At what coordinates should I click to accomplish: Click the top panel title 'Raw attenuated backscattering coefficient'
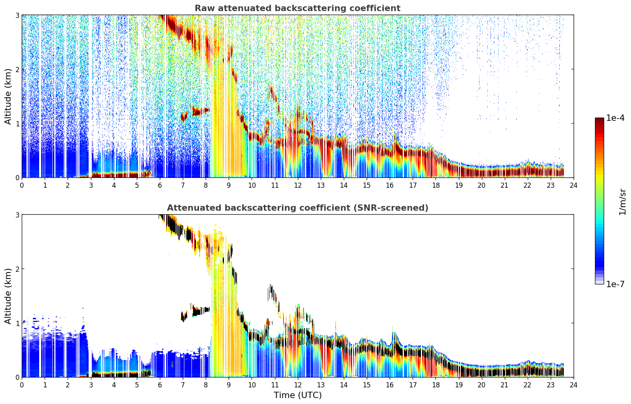click(x=297, y=8)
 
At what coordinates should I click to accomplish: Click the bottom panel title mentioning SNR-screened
click(x=297, y=208)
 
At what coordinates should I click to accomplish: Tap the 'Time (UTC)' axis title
click(x=297, y=395)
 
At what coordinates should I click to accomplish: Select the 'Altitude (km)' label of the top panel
click(x=8, y=97)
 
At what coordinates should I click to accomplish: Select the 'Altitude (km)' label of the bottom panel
click(x=8, y=296)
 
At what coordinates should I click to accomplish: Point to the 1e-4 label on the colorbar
click(x=615, y=118)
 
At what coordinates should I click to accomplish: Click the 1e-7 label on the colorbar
click(x=615, y=284)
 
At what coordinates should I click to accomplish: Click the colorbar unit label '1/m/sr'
click(x=622, y=202)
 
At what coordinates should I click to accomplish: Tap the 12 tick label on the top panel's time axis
click(x=298, y=185)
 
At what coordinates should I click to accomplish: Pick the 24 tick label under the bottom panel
click(x=574, y=385)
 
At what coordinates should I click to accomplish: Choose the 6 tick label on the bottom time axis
click(x=160, y=385)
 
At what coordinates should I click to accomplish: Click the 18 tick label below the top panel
click(x=436, y=185)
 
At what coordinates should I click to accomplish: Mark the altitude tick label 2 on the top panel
click(x=17, y=69)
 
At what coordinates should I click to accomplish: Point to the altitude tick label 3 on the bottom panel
click(x=17, y=215)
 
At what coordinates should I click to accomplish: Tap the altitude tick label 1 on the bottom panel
click(x=17, y=323)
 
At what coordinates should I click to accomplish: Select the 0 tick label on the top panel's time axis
click(x=22, y=185)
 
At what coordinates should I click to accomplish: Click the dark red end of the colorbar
click(x=599, y=119)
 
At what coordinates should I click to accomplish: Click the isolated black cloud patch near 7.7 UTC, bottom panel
click(x=201, y=311)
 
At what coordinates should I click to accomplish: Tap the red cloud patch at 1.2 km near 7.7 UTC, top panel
click(x=201, y=111)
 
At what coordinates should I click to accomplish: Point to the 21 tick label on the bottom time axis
click(x=504, y=385)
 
